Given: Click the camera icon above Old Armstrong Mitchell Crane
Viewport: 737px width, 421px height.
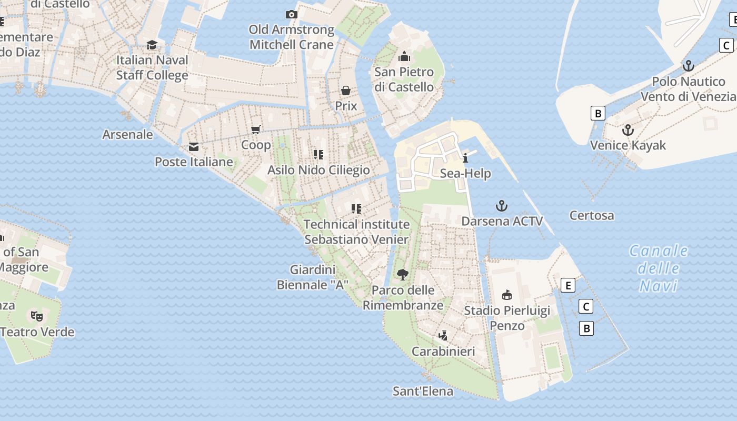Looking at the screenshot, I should click(291, 14).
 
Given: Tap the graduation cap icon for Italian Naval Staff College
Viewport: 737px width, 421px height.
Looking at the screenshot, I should click(152, 45).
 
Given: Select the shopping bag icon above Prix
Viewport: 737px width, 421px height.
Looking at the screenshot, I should click(346, 91).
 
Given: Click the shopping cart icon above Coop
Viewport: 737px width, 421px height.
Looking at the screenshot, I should click(256, 129).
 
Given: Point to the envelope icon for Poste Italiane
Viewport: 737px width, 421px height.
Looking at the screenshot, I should click(194, 146).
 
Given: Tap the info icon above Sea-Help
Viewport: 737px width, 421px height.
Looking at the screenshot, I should click(465, 158).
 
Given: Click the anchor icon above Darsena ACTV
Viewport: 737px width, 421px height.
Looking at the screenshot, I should click(502, 206).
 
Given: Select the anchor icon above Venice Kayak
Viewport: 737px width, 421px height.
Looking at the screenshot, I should click(628, 130).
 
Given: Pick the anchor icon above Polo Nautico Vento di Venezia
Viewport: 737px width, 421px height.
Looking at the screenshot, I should click(688, 66).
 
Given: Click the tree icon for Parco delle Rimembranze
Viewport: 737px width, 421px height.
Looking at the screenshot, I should click(403, 274).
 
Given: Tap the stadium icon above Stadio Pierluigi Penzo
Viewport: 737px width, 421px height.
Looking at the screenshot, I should click(507, 295).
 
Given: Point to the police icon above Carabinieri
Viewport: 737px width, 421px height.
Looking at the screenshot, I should click(443, 335).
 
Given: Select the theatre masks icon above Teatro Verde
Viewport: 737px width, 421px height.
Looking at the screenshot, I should click(36, 316).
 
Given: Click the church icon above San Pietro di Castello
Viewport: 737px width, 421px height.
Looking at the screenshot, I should click(404, 56).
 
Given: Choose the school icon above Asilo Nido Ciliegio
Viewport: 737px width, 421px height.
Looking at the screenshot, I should click(318, 154).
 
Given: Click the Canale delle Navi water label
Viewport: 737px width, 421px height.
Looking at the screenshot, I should click(658, 268).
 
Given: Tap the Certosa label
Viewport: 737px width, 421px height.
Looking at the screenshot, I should click(592, 215).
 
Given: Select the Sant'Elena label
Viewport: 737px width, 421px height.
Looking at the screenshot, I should click(423, 391).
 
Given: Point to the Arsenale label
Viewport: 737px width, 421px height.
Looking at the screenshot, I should click(127, 134).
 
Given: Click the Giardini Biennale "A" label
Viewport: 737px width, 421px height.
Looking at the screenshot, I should click(313, 277).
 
